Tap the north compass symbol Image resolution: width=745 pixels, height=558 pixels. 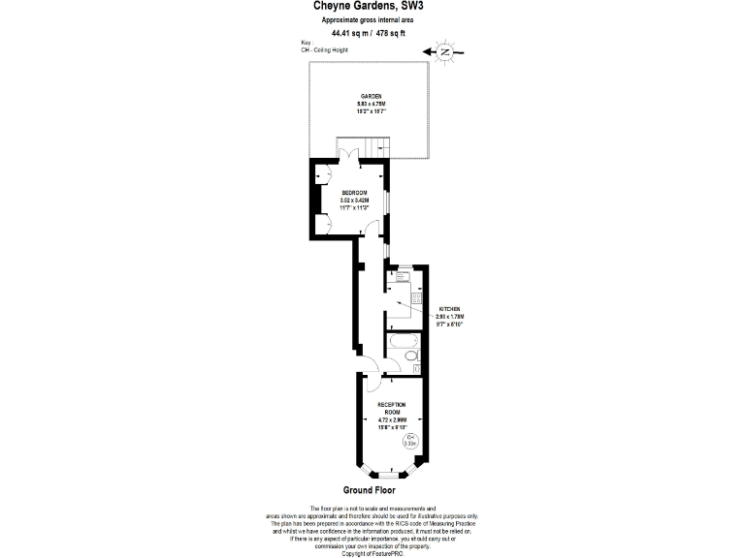pos(446,51)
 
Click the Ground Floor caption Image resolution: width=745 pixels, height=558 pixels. pos(370,490)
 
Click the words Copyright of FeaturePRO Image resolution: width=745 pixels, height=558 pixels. pos(372,553)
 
